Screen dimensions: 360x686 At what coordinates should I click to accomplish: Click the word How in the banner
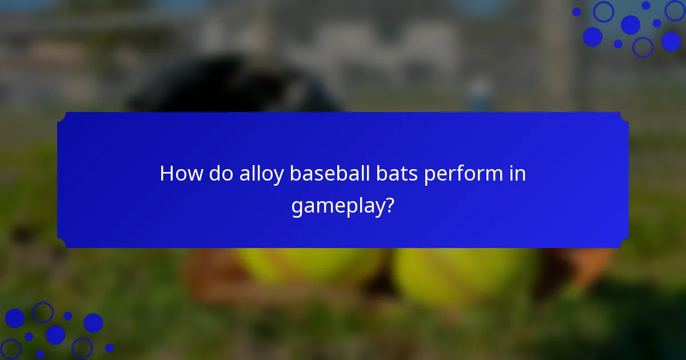click(x=179, y=174)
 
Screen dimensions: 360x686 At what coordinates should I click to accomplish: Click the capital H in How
click(x=166, y=174)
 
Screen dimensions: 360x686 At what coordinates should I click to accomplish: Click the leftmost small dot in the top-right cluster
click(x=576, y=11)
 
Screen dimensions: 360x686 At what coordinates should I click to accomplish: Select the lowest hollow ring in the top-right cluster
click(x=643, y=47)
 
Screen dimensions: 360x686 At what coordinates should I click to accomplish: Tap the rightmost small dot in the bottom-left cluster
click(x=109, y=347)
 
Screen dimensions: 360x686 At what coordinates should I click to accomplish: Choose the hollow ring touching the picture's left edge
click(x=10, y=349)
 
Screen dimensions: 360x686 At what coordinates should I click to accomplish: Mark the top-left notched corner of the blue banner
click(x=62, y=117)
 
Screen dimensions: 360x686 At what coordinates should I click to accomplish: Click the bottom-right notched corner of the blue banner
click(x=624, y=244)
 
